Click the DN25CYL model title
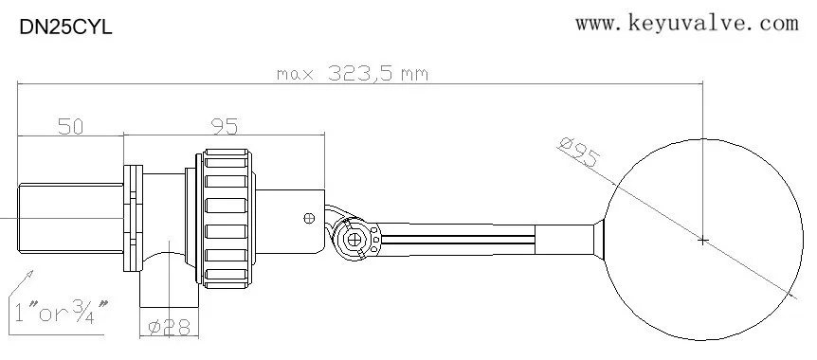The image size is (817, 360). click(65, 29)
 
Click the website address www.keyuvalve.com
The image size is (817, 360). click(687, 23)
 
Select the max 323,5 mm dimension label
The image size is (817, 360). click(351, 73)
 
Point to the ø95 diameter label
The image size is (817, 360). click(580, 153)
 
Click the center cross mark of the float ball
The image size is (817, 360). click(702, 241)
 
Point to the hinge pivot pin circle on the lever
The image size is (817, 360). click(354, 239)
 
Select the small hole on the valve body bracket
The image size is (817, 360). click(307, 218)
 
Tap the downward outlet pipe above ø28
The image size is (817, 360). click(169, 289)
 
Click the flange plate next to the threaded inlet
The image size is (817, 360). click(132, 218)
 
